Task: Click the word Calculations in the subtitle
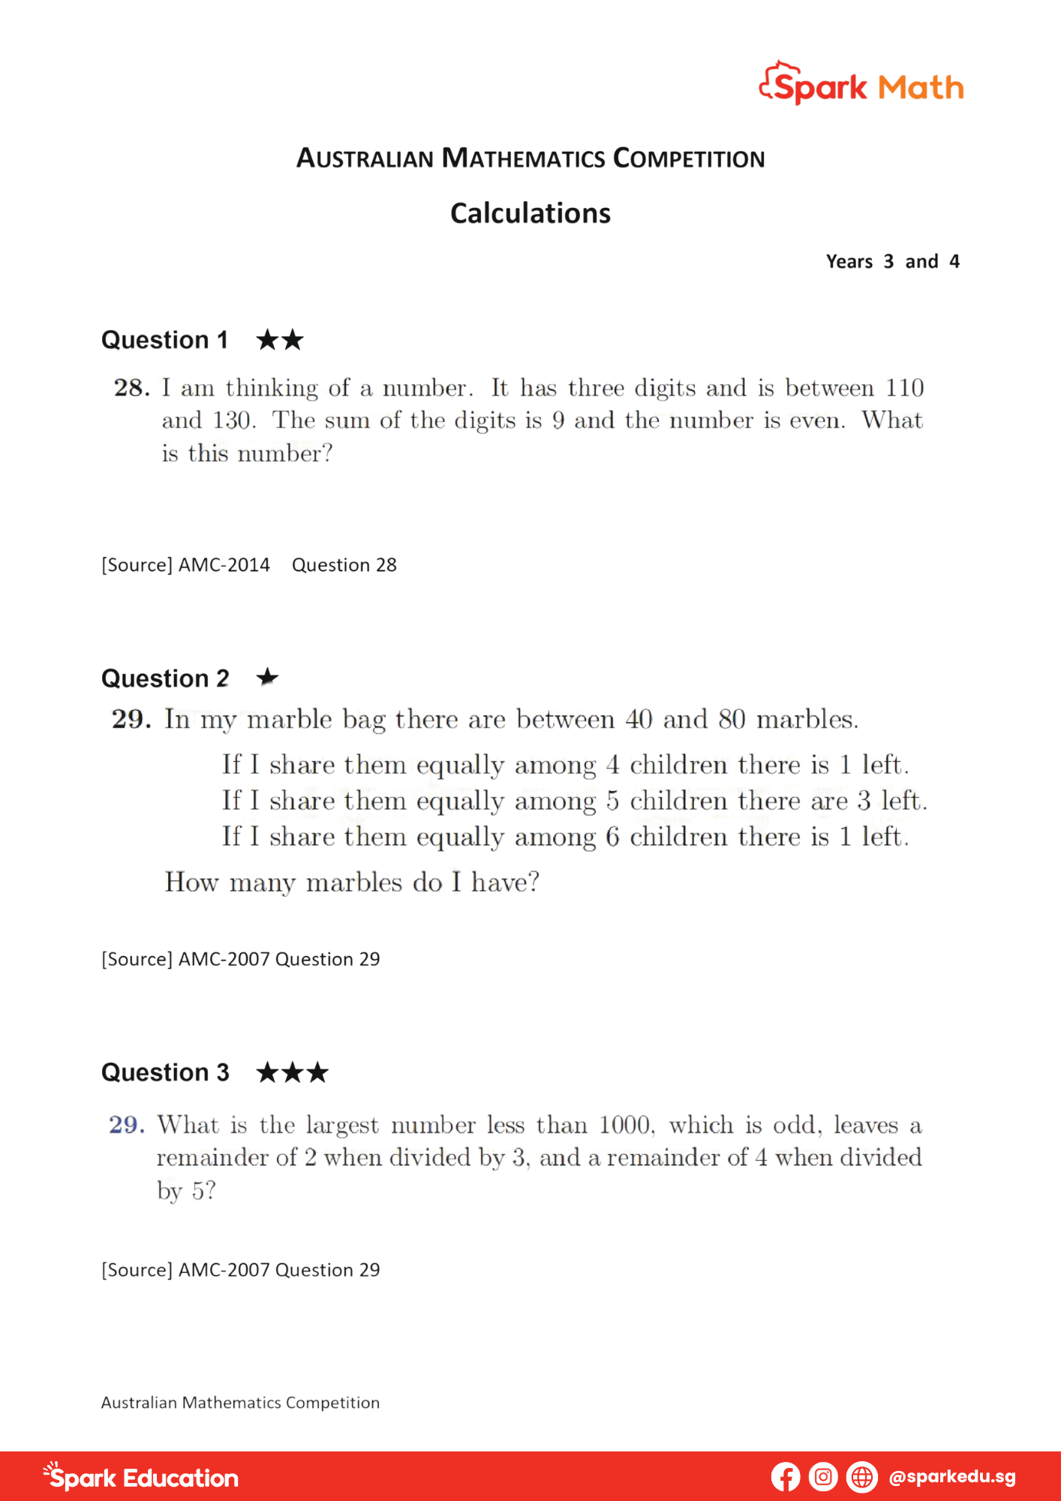tap(530, 214)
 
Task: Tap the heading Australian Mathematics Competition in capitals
tap(530, 158)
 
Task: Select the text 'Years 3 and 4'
tap(892, 262)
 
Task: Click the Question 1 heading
tap(164, 340)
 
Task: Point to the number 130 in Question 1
tap(231, 420)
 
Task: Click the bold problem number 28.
tap(131, 388)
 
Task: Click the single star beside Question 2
tap(267, 678)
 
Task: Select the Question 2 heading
tap(165, 678)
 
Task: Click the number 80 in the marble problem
tap(732, 720)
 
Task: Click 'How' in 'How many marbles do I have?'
tap(191, 882)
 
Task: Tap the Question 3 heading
tap(165, 1072)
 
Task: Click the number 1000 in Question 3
tap(624, 1125)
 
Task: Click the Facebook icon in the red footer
tap(785, 1477)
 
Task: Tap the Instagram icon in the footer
tap(823, 1477)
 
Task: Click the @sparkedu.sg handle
tap(951, 1477)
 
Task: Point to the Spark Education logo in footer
tap(141, 1477)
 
